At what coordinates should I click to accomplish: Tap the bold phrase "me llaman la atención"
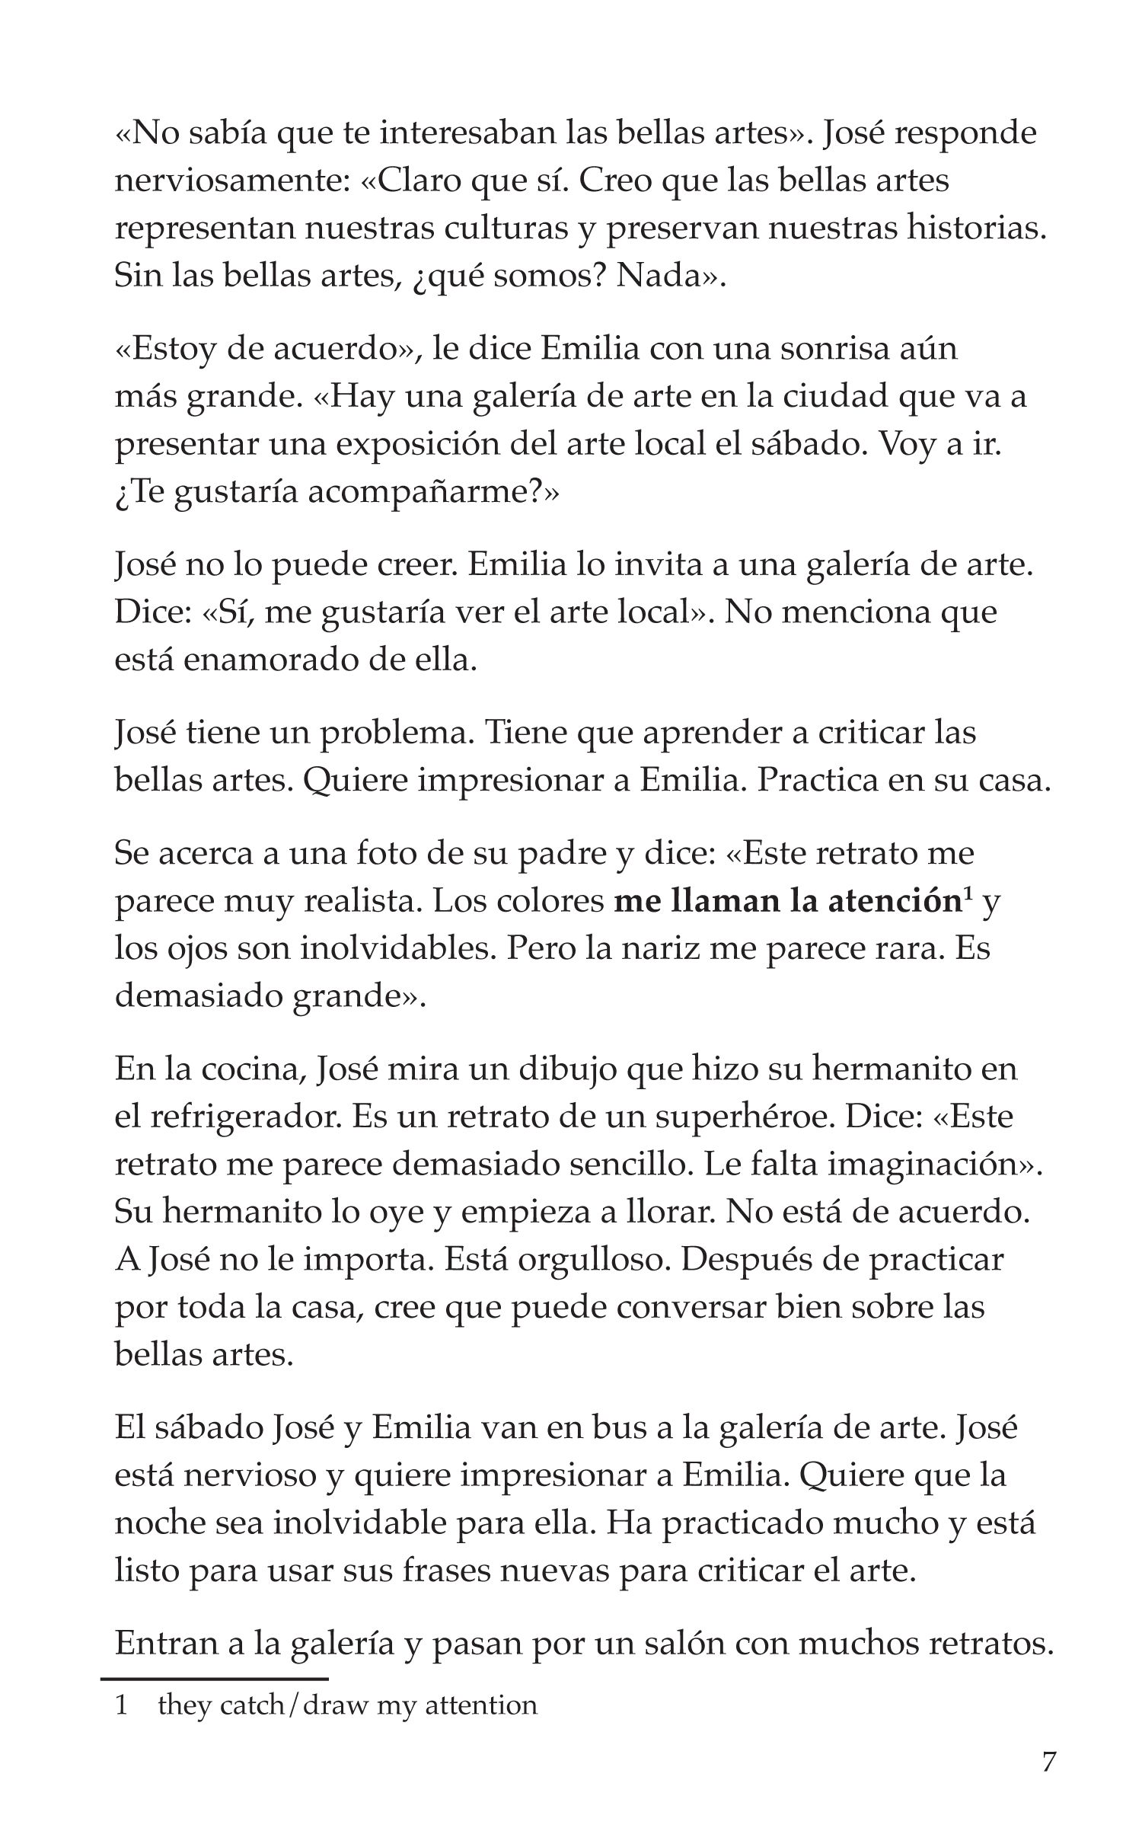pyautogui.click(x=785, y=902)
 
